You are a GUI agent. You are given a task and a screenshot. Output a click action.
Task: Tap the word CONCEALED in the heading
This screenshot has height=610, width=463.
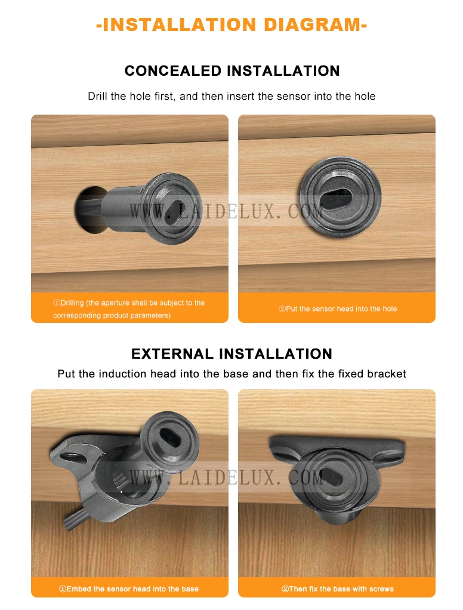[173, 71]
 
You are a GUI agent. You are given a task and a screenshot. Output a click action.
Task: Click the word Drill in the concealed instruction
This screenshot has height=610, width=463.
[98, 96]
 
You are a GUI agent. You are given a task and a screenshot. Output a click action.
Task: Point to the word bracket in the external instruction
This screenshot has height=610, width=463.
[387, 374]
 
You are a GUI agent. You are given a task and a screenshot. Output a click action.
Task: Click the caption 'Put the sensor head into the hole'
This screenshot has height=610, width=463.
[338, 309]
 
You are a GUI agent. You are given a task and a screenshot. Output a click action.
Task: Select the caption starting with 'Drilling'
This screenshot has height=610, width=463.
[129, 309]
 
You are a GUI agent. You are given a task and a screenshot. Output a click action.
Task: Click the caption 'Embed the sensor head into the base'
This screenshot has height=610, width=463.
[129, 589]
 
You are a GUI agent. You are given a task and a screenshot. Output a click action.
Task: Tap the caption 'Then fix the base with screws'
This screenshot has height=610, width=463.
[338, 589]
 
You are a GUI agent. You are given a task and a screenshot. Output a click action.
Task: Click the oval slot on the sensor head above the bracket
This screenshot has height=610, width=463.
[170, 435]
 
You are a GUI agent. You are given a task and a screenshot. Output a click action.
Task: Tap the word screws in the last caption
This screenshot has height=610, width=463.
[381, 589]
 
